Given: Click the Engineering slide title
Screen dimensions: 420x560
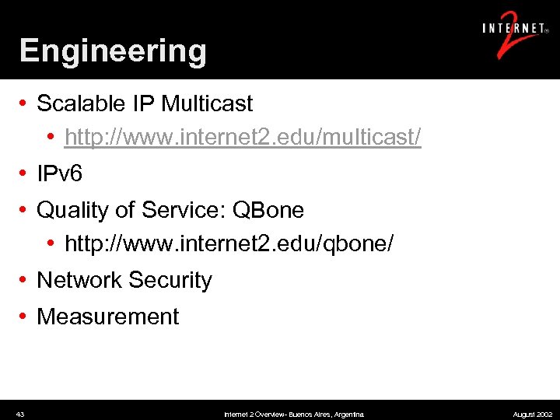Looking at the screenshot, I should pos(113,51).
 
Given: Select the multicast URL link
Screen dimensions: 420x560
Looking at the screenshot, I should pos(243,138).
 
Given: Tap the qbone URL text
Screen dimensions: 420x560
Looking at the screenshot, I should pos(229,244).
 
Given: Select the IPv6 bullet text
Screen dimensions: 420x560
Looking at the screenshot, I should pos(59,174).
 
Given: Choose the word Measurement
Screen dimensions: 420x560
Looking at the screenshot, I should pos(108,317).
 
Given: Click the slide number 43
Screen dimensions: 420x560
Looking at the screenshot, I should pos(20,415).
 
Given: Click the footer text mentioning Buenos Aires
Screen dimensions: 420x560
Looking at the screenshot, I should pos(293,415).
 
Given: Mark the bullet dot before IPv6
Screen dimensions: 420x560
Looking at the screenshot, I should pos(25,174).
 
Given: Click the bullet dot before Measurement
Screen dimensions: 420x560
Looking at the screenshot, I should pos(25,317).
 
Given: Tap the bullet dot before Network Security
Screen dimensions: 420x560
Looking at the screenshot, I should pos(25,280).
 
